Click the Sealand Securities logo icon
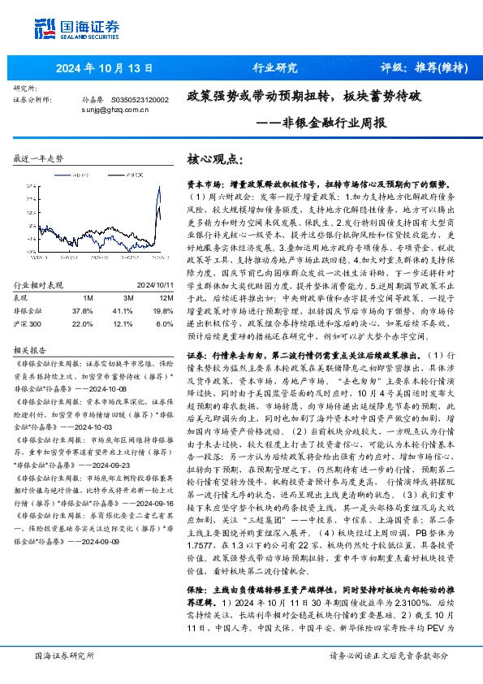(x=43, y=30)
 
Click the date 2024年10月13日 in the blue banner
(x=94, y=67)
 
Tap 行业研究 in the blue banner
(x=276, y=67)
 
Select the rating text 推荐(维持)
(x=441, y=67)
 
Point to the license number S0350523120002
(x=139, y=99)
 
